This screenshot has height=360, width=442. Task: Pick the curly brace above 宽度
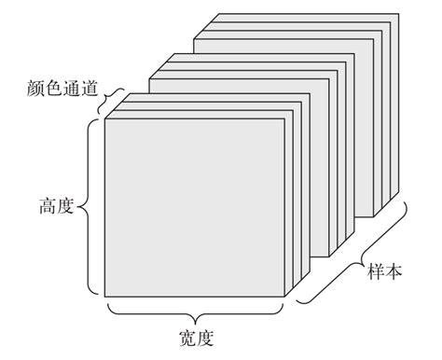(196, 312)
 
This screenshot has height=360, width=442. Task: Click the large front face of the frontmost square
(194, 207)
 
